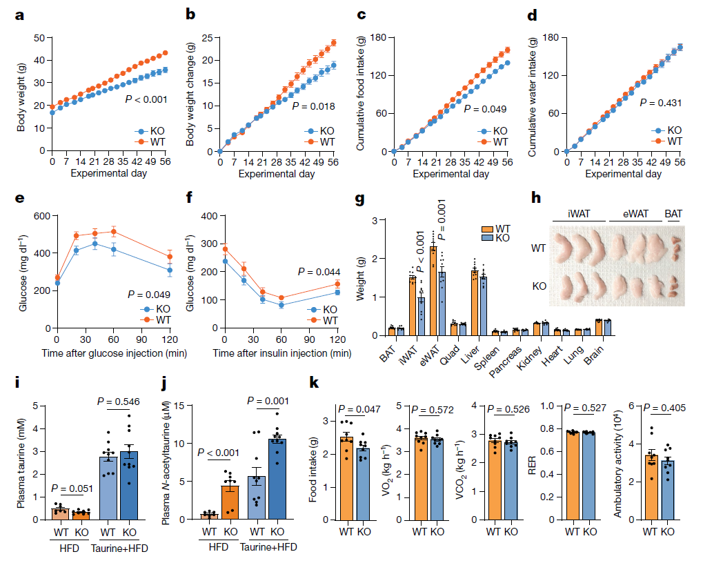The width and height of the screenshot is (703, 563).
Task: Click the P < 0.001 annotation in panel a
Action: [146, 99]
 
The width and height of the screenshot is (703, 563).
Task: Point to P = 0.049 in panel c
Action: [485, 109]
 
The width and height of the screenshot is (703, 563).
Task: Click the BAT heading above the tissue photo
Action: [673, 214]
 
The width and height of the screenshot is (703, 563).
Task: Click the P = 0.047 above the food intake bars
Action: [359, 410]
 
